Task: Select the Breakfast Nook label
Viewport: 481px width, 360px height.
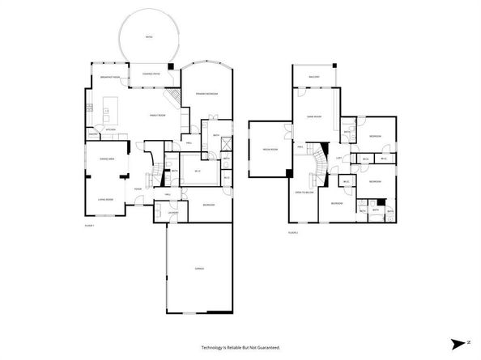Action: pyautogui.click(x=110, y=77)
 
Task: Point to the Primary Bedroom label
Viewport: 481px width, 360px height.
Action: pyautogui.click(x=206, y=95)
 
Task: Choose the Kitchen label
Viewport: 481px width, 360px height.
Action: pyautogui.click(x=110, y=129)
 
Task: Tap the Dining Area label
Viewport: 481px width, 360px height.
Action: pyautogui.click(x=106, y=159)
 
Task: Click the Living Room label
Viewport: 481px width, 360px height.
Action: pyautogui.click(x=105, y=199)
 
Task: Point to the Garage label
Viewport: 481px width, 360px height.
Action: pyautogui.click(x=198, y=268)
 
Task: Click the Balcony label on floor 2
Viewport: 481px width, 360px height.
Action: pyautogui.click(x=315, y=78)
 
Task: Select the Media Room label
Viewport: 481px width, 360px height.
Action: pyautogui.click(x=269, y=150)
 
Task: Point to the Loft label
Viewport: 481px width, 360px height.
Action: pyautogui.click(x=340, y=158)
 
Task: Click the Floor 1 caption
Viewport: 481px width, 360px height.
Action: pyautogui.click(x=89, y=226)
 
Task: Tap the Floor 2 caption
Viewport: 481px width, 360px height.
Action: pyautogui.click(x=293, y=232)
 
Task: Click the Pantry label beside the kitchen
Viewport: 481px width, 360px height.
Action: pyautogui.click(x=94, y=135)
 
